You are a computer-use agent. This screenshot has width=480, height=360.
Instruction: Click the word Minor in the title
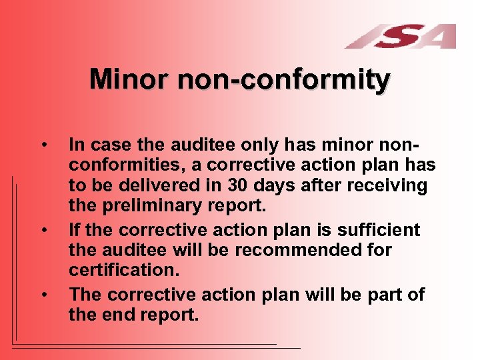coord(129,79)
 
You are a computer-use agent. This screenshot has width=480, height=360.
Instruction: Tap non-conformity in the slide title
coord(283,79)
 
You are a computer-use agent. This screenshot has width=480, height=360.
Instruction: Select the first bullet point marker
coord(43,144)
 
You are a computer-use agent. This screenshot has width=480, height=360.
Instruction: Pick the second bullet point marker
coord(43,231)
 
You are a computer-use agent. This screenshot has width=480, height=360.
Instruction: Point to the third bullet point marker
coord(43,295)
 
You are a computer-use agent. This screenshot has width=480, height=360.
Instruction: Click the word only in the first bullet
coord(260,143)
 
